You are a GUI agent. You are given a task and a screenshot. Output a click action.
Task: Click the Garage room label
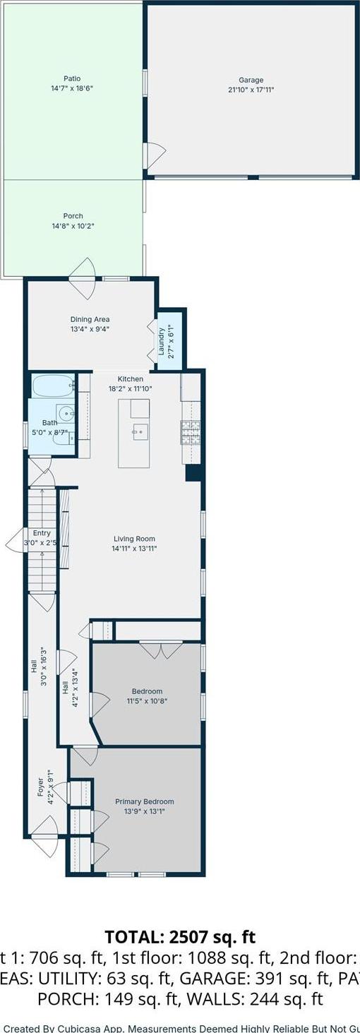251,80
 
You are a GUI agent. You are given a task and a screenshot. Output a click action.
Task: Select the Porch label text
73,216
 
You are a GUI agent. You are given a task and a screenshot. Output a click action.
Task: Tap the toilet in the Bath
64,438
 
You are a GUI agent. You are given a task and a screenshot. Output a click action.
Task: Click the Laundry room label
161,340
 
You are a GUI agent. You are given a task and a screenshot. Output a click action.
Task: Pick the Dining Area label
90,319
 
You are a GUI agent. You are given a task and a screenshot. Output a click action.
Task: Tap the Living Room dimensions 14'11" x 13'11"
134,549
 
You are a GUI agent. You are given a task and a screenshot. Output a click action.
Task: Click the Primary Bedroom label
144,801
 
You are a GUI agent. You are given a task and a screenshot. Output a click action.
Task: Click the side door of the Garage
154,154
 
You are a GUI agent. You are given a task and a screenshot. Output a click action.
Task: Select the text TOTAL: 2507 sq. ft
180,937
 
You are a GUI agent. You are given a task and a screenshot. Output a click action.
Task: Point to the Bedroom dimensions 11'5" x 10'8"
147,701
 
